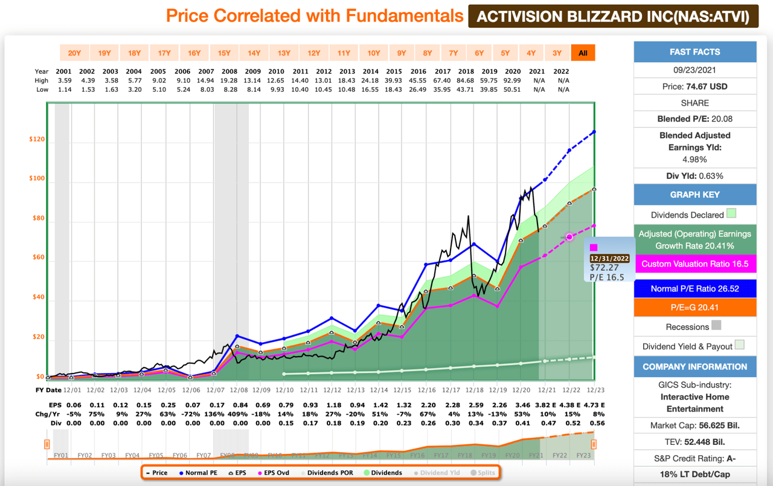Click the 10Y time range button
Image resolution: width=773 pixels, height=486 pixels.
tap(374, 53)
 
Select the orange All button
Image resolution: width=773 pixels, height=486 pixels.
tap(583, 53)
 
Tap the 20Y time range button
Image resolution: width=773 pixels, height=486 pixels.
tap(74, 53)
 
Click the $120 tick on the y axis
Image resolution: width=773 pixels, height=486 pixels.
tap(37, 140)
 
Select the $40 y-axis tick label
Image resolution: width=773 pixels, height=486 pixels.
tap(37, 297)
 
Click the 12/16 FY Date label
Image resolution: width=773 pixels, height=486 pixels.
tap(426, 390)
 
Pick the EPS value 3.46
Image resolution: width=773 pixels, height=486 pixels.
tap(520, 404)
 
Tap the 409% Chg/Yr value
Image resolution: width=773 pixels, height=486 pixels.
tap(239, 414)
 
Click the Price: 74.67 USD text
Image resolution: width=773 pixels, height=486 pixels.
tap(694, 86)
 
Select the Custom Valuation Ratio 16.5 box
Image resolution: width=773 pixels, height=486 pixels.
tap(694, 264)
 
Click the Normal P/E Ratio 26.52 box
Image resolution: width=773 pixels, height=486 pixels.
tap(694, 288)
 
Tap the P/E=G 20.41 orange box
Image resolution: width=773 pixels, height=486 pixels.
tap(694, 307)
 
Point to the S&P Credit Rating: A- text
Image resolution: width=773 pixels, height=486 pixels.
tap(694, 458)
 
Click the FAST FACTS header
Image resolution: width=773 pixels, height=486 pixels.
tap(694, 52)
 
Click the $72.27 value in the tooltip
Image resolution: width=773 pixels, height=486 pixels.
tap(605, 268)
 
